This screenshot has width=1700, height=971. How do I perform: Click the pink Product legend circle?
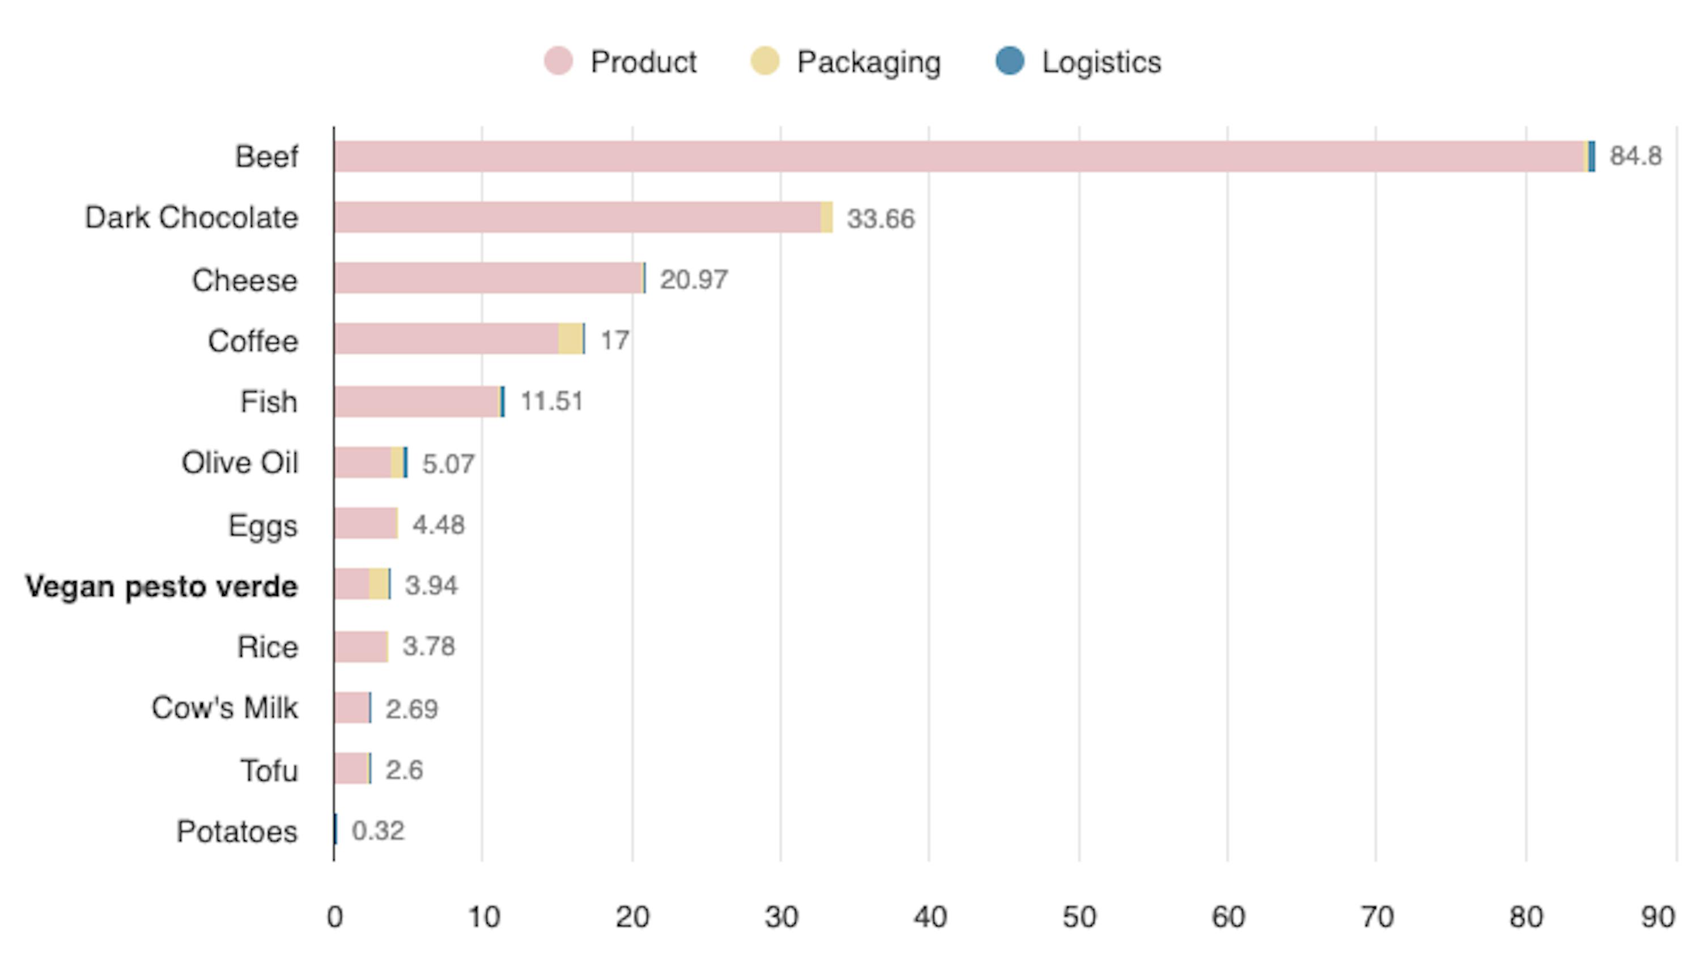558,61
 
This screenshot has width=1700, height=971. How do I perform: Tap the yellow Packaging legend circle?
764,61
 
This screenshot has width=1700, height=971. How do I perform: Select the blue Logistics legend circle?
1009,61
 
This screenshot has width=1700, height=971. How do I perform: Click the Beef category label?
266,157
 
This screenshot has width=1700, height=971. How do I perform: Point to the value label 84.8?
1635,156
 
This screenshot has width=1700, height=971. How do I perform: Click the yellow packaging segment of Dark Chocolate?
826,218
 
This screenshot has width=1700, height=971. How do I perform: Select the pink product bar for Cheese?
487,278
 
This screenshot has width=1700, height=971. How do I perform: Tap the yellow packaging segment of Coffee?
569,339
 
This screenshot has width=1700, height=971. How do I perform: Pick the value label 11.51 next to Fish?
551,402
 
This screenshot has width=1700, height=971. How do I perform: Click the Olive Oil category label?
240,463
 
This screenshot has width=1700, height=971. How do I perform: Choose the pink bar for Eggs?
365,523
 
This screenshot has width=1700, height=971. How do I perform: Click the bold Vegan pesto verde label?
161,587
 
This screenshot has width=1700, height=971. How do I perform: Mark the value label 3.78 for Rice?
428,646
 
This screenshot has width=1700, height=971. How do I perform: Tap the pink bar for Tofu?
350,769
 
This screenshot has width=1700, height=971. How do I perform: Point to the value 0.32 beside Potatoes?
377,831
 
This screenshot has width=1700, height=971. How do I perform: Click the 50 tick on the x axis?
1078,918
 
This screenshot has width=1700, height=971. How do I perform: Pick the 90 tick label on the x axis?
1657,918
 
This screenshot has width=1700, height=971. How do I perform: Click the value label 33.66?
881,219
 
